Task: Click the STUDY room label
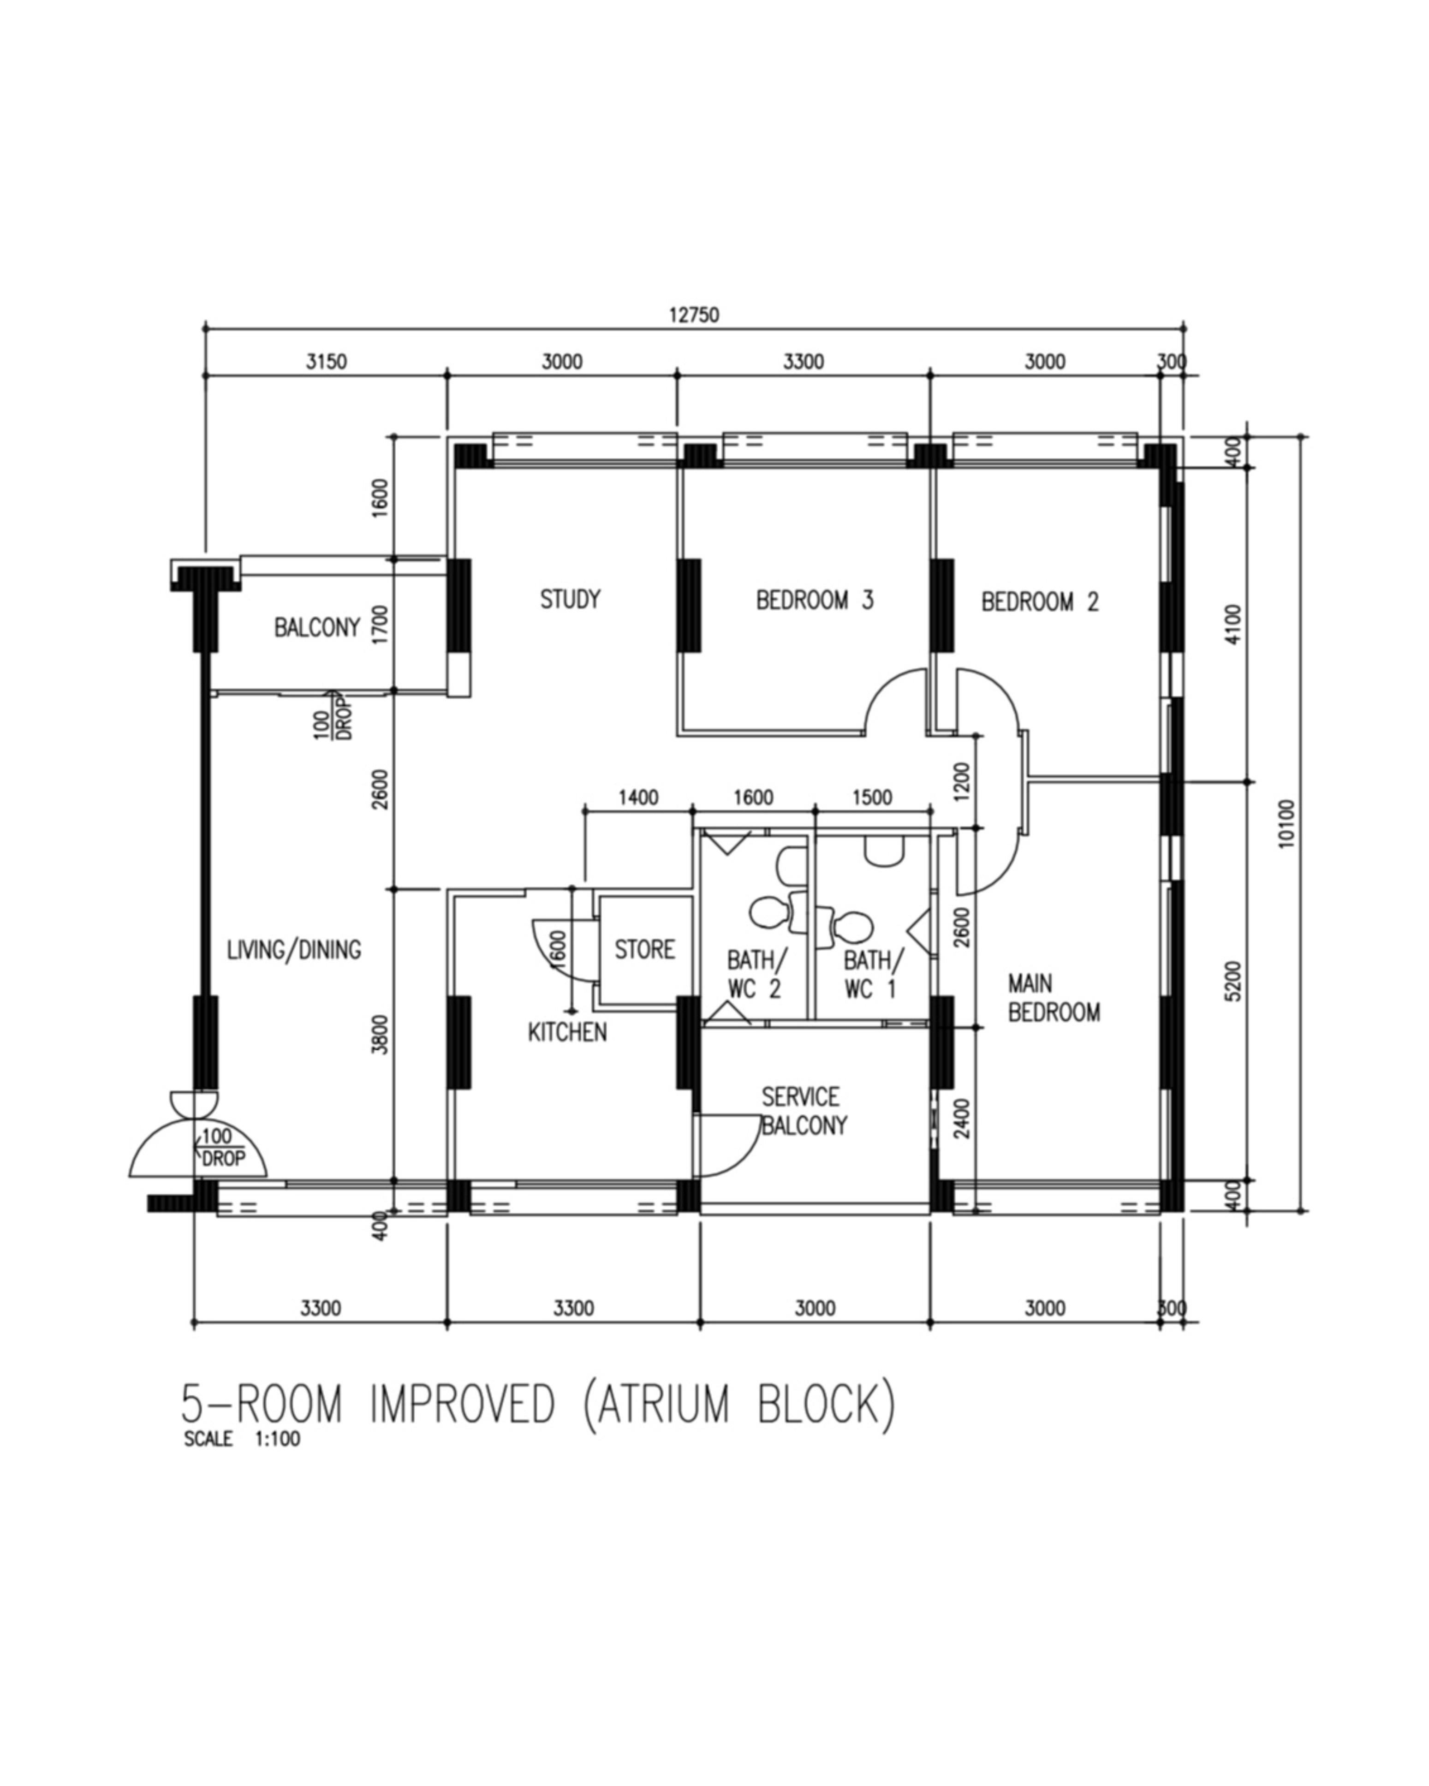(570, 599)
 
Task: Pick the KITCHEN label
(567, 1032)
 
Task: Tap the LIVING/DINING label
(294, 949)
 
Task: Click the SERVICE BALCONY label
(803, 1111)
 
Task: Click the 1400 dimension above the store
(638, 798)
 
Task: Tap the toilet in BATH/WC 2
(769, 912)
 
